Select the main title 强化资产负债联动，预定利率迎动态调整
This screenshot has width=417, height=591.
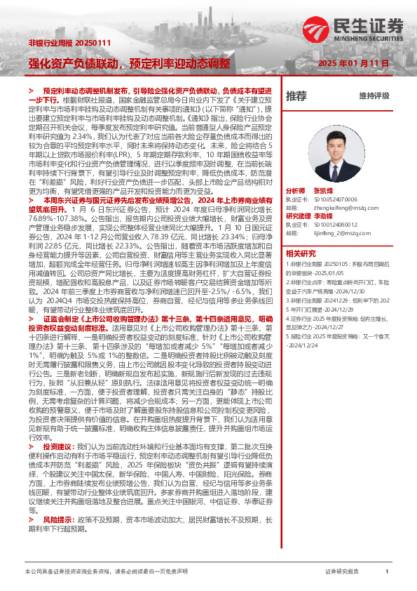[128, 62]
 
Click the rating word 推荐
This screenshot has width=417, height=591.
[296, 95]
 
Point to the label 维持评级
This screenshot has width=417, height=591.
[374, 96]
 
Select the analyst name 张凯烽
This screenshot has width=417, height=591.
[324, 190]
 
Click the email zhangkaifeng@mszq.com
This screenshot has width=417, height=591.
[337, 207]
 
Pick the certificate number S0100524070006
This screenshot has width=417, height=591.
[336, 199]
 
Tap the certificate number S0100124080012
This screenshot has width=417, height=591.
[336, 224]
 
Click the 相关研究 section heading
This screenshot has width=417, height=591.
[301, 253]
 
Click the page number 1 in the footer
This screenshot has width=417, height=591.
[386, 572]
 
